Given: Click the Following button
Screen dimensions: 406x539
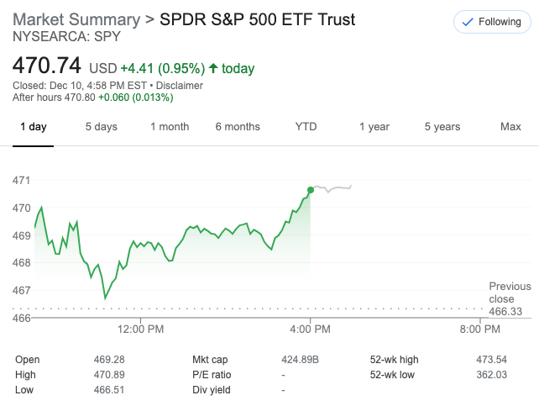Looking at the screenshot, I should pyautogui.click(x=492, y=22).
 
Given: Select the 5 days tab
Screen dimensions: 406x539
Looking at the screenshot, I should pyautogui.click(x=101, y=127).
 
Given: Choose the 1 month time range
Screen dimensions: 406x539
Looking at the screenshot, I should pyautogui.click(x=170, y=127).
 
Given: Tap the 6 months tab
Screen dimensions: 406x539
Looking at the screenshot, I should pyautogui.click(x=238, y=127).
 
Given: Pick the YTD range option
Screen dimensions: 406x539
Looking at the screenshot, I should pyautogui.click(x=306, y=127).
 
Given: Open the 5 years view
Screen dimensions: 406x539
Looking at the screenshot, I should pyautogui.click(x=442, y=127).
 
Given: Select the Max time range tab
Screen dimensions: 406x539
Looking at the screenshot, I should pyautogui.click(x=510, y=127).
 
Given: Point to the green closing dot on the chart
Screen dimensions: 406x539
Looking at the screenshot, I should pyautogui.click(x=311, y=190).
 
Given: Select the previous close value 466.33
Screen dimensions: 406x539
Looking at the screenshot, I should pyautogui.click(x=510, y=311).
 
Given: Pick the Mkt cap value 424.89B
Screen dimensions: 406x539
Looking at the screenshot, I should pyautogui.click(x=301, y=360).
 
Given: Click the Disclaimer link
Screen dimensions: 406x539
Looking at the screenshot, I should pyautogui.click(x=179, y=86).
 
